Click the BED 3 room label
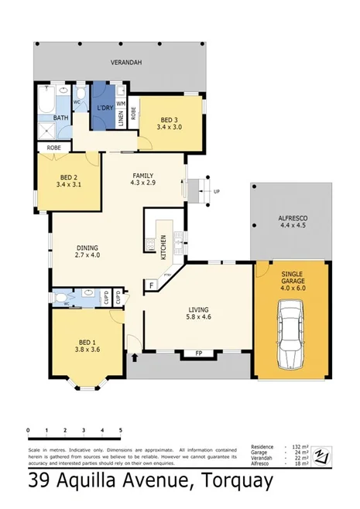point(169,119)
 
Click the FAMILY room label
point(143,176)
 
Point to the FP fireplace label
point(198,355)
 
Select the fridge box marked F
point(153,285)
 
